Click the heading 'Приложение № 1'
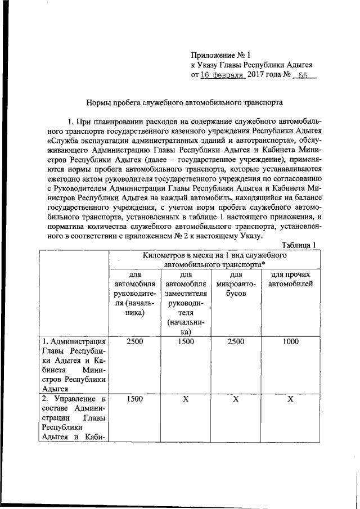(220, 55)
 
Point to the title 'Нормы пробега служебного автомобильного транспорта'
(184, 103)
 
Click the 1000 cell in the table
(290, 341)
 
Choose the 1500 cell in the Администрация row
(184, 341)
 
